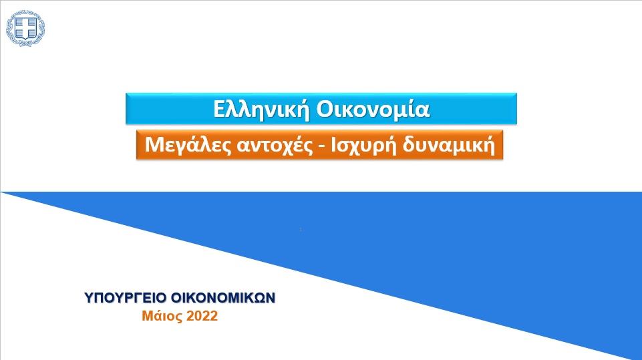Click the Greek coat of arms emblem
click(25, 28)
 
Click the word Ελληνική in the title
click(261, 110)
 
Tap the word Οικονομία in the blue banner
click(373, 110)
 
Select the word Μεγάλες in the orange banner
click(188, 145)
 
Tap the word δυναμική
click(449, 145)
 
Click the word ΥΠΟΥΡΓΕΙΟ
click(126, 298)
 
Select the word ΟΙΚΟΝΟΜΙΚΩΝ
click(223, 298)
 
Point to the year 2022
click(202, 316)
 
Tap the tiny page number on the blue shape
click(301, 229)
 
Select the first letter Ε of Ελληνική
click(219, 110)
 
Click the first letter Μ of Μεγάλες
click(154, 145)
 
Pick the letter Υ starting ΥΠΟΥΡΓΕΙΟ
click(89, 298)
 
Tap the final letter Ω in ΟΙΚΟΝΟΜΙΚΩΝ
click(261, 298)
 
